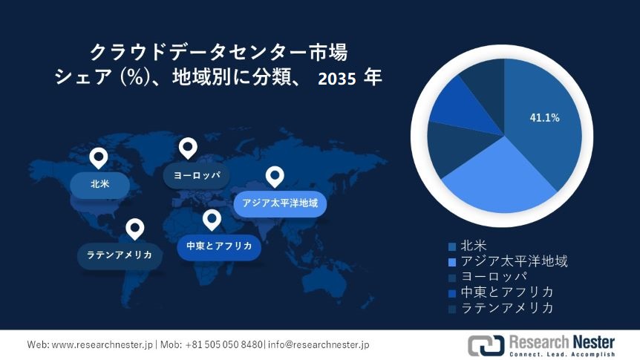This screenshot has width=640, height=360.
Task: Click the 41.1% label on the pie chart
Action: tap(544, 118)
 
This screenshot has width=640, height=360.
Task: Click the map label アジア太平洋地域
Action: tap(280, 203)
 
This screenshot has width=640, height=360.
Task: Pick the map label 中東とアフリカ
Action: tap(219, 246)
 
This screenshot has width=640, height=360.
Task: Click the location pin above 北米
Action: tap(98, 157)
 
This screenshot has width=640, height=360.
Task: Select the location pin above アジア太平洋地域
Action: tap(275, 176)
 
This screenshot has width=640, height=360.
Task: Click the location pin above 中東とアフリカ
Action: tap(212, 220)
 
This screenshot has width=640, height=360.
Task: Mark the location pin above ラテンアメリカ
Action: tap(134, 229)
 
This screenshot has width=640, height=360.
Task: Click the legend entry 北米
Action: tap(474, 245)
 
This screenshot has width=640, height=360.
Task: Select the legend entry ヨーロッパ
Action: tap(493, 276)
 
